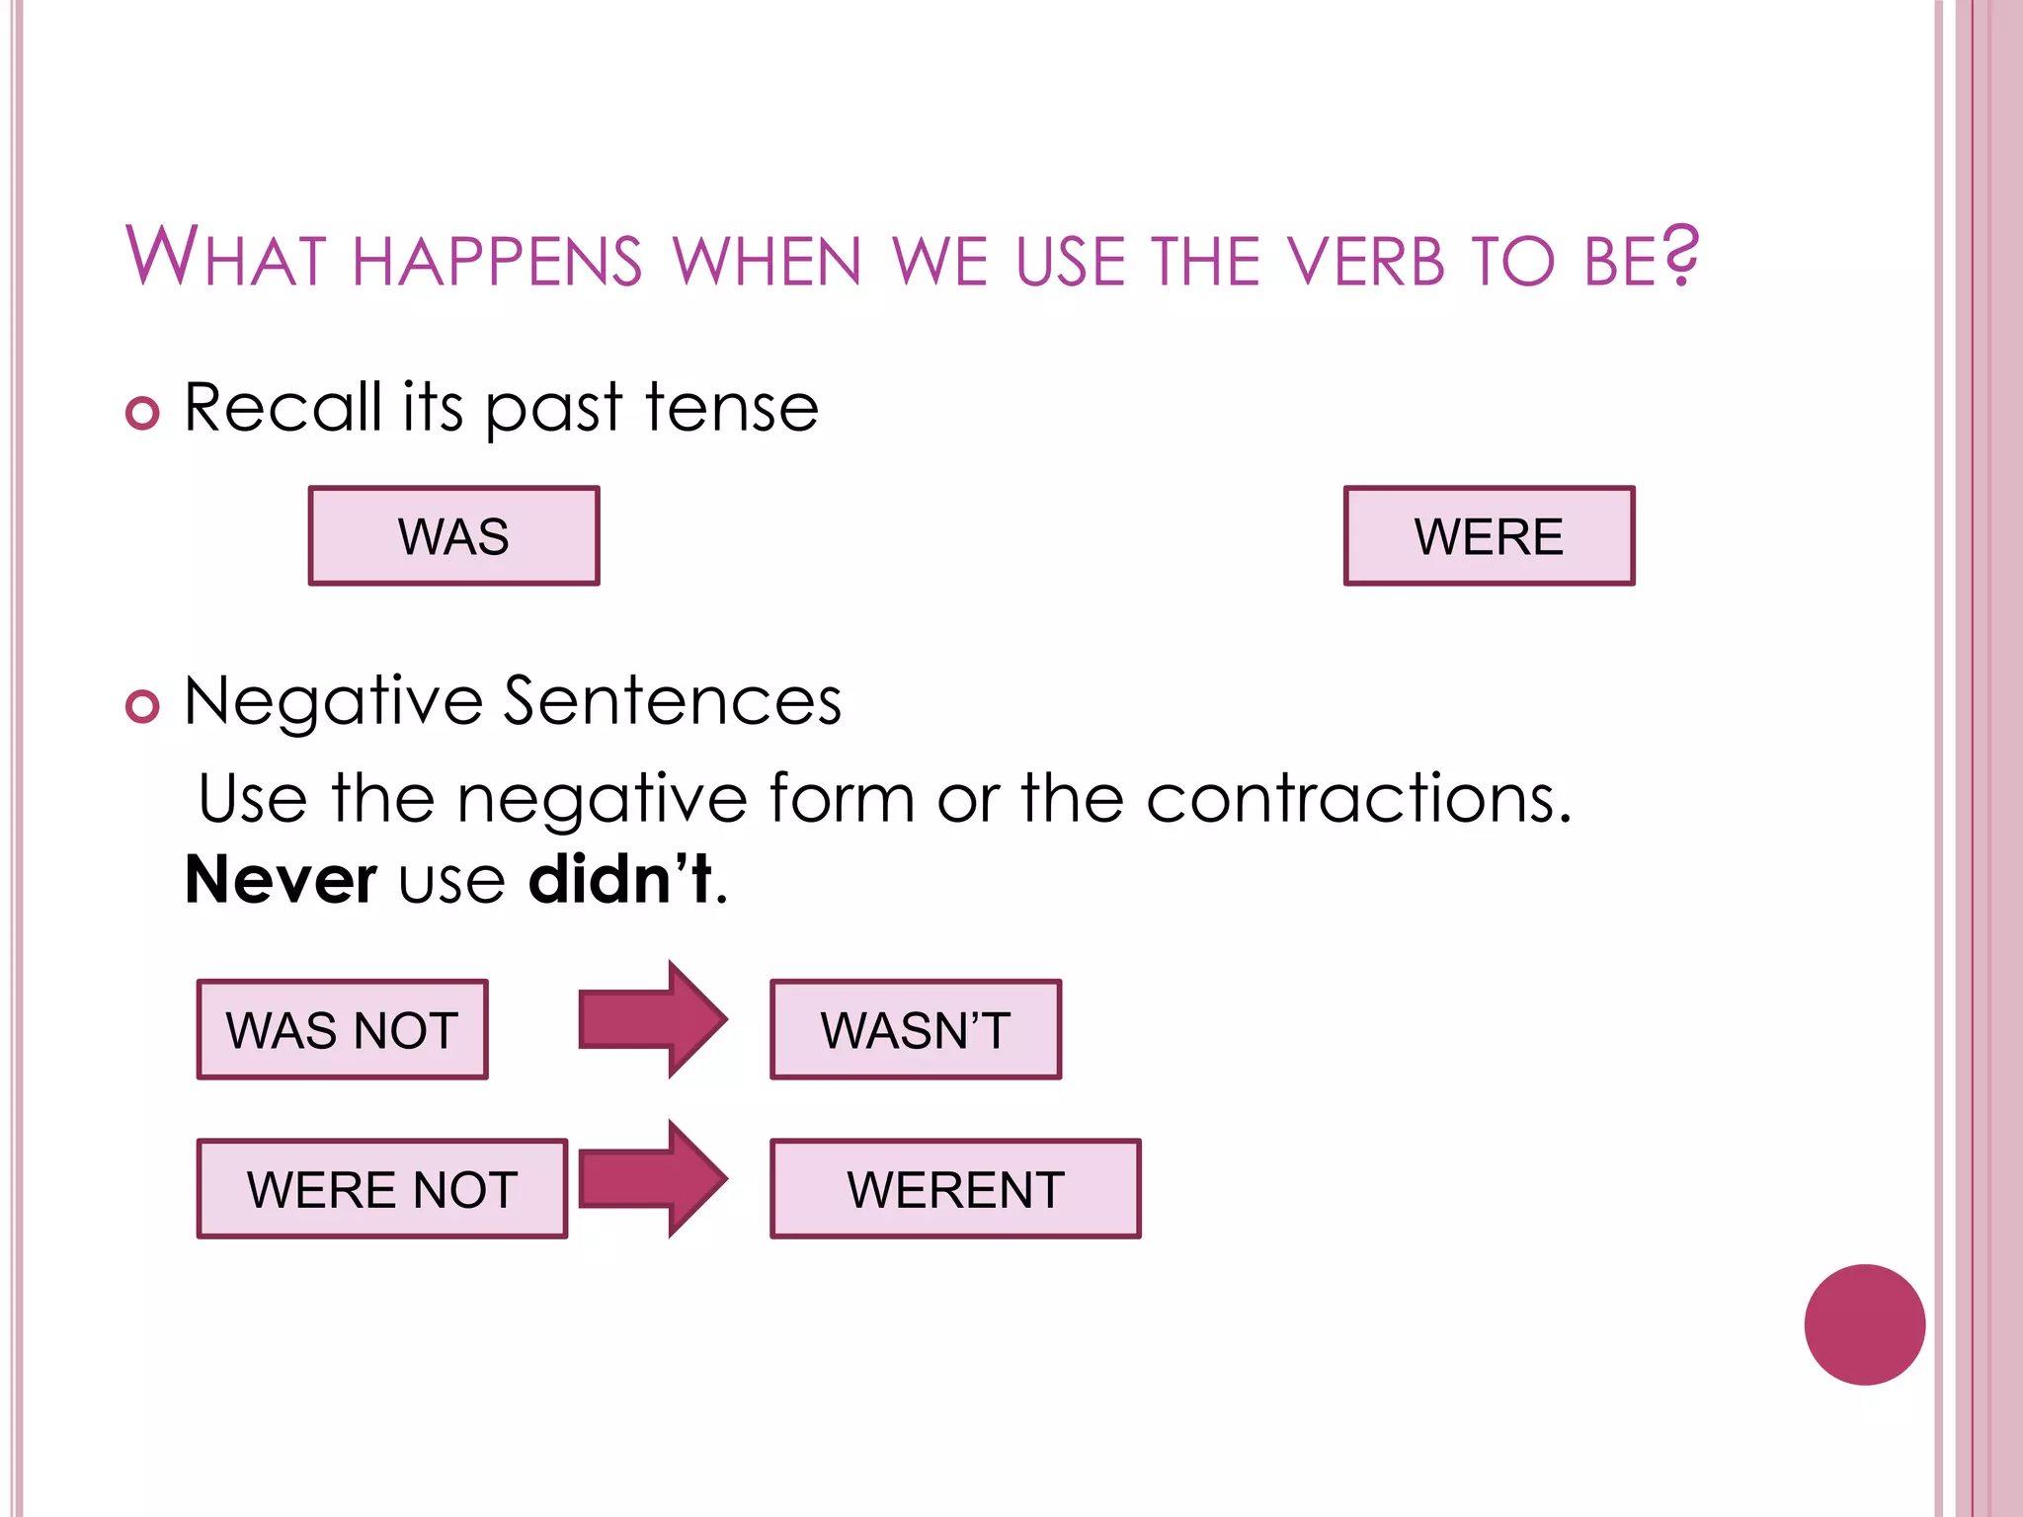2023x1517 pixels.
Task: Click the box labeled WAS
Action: click(x=453, y=536)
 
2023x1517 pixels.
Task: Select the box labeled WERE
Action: click(x=1489, y=536)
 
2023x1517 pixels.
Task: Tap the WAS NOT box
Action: click(x=342, y=1030)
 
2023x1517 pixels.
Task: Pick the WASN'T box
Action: click(x=916, y=1030)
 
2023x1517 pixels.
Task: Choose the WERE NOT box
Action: click(x=382, y=1189)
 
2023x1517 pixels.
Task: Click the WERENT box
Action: click(x=955, y=1189)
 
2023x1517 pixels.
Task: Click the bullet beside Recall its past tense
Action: click(x=142, y=413)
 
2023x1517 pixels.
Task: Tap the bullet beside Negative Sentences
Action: click(x=142, y=706)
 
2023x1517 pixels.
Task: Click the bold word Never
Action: click(x=281, y=879)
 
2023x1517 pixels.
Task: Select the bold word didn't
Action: click(x=620, y=879)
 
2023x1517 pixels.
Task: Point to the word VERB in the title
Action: click(x=1367, y=262)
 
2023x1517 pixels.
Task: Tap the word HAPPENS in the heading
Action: click(x=497, y=262)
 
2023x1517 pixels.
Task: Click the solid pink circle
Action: click(x=1864, y=1324)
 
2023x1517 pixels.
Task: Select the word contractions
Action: click(x=1358, y=798)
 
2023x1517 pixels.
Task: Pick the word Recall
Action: click(x=283, y=407)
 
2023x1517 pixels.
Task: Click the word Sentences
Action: click(x=673, y=701)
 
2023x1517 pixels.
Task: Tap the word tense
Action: click(x=732, y=407)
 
